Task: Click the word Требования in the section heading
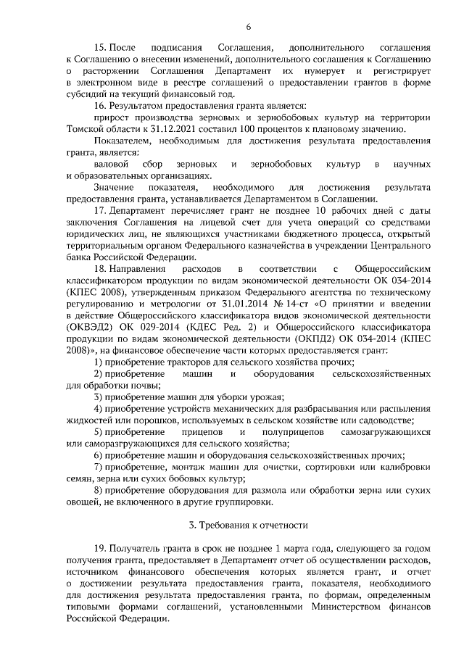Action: tap(229, 526)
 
